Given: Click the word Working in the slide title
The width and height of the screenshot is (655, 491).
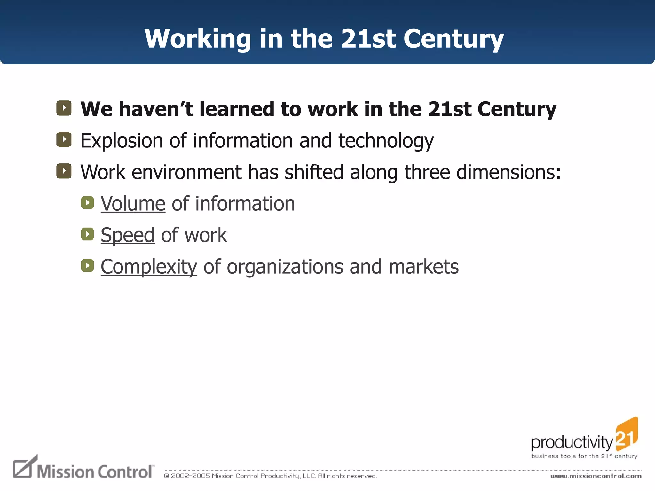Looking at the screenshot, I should pos(198,39).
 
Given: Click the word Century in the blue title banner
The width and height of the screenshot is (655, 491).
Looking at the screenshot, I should pos(453,39).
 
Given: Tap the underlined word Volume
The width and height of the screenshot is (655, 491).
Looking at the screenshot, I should pos(133,204).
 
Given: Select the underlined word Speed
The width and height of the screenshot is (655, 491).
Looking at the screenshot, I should pos(127,235).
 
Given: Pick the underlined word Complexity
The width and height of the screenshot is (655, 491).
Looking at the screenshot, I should pos(149,267).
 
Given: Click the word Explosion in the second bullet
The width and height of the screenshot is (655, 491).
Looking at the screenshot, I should pos(122,141).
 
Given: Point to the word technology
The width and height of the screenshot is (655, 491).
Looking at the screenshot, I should pos(386,141).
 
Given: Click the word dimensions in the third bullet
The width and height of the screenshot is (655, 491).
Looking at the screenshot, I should pos(508,172).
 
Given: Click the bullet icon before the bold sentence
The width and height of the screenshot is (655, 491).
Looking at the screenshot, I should pos(64,108).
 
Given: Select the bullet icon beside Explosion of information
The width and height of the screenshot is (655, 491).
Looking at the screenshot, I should pos(64,139).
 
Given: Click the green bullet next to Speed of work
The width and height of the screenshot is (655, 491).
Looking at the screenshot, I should pos(87,234).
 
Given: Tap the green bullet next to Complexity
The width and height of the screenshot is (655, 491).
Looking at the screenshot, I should pos(87,265).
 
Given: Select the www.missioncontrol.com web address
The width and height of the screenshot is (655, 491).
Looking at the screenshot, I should pos(596,476).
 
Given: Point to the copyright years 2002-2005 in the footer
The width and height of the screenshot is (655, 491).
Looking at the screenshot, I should pos(190,476).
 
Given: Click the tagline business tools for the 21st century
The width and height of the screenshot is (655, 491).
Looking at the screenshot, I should pos(584,456).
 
